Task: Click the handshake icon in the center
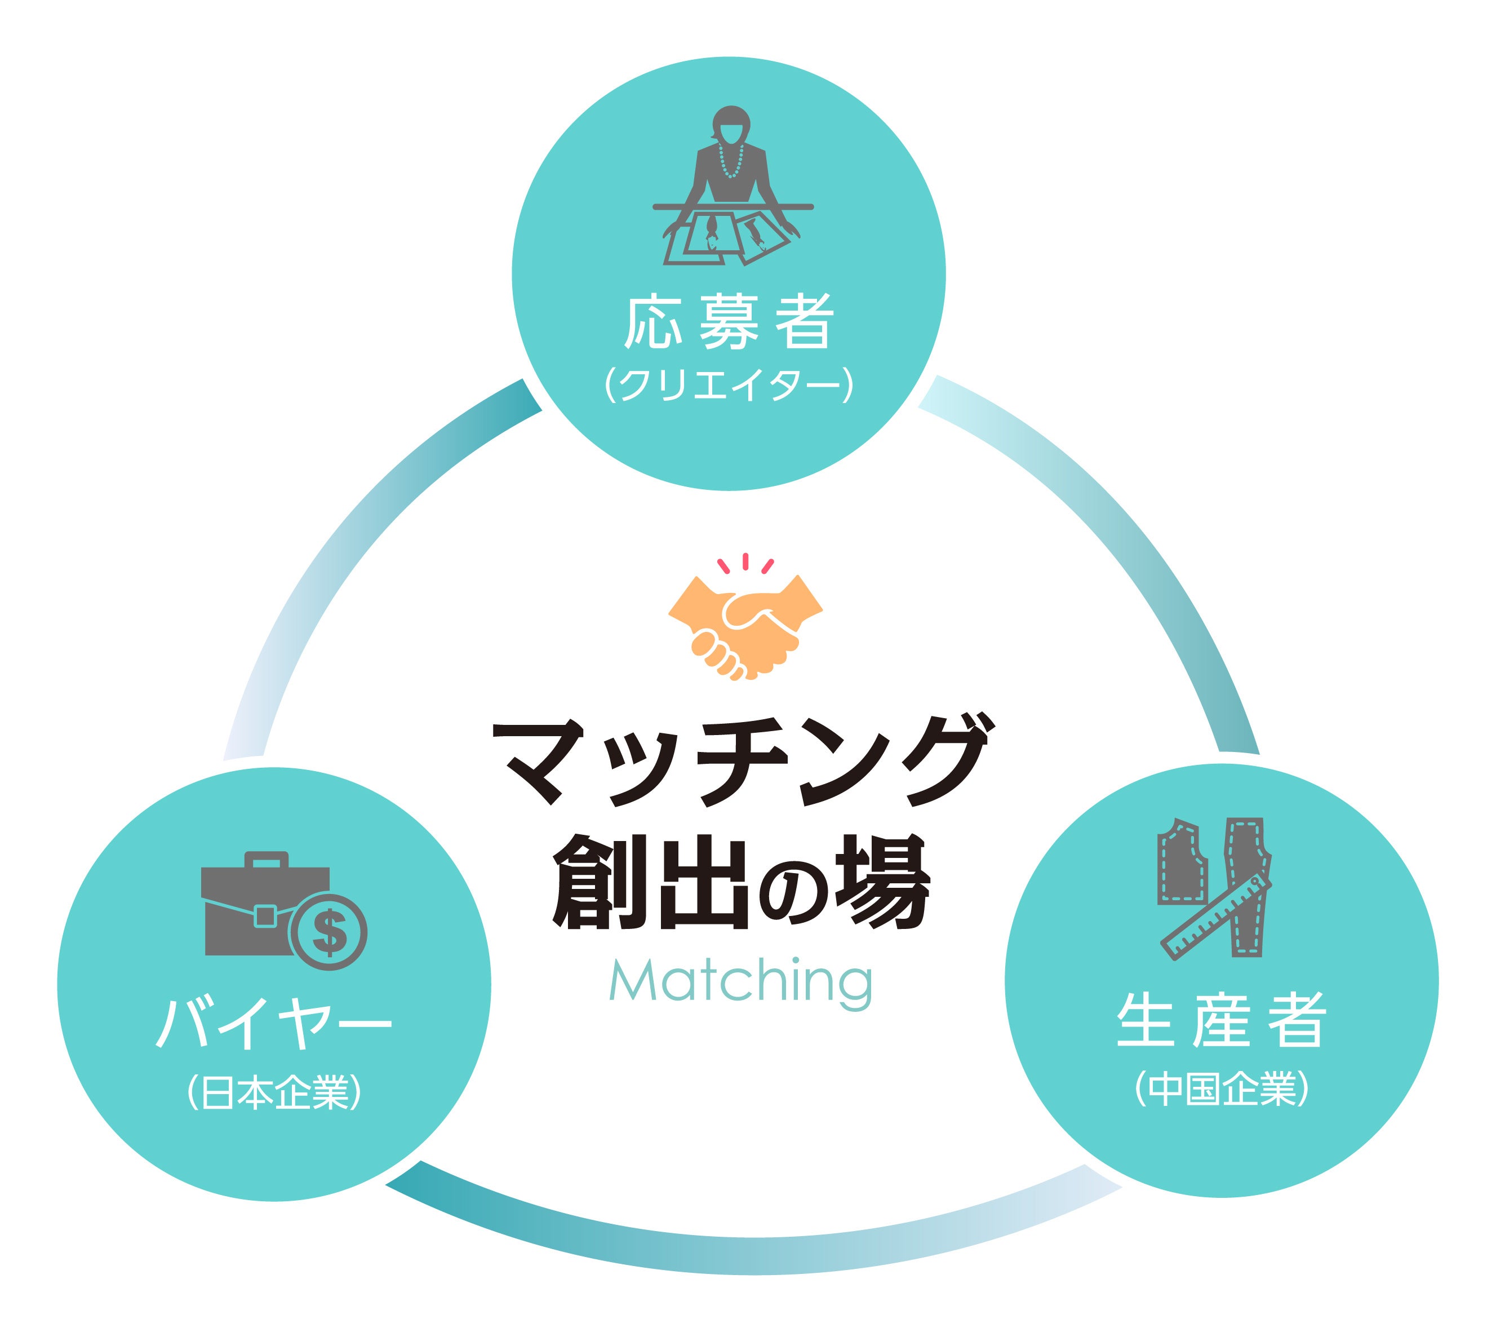(x=745, y=626)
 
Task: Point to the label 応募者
(x=729, y=322)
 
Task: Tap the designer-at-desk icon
(x=732, y=187)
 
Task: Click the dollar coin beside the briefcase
(x=329, y=931)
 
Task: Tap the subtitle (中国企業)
(x=1221, y=1089)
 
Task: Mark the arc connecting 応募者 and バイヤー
(x=351, y=542)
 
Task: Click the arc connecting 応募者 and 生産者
(x=1120, y=534)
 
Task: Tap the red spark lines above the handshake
(x=745, y=563)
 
